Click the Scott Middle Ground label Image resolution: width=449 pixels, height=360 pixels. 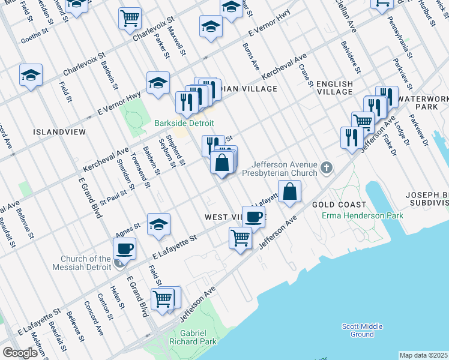coord(362,330)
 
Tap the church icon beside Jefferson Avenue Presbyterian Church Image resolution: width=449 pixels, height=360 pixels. coord(327,167)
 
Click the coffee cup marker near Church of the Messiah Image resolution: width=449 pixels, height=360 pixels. coord(124,248)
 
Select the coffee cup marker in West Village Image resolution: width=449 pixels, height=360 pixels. coord(253,217)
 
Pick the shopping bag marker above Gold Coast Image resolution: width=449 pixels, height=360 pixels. coord(289,192)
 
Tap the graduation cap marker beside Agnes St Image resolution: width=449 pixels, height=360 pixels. coord(158,225)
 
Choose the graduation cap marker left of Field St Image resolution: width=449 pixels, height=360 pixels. coord(31,76)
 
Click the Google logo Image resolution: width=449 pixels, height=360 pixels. coord(20,353)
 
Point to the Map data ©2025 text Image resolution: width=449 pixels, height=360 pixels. coord(423,355)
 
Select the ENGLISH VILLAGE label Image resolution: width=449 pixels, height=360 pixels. coord(334,88)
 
